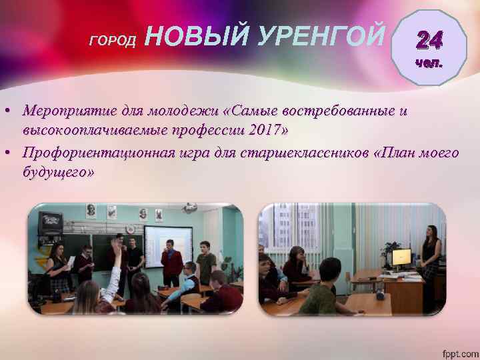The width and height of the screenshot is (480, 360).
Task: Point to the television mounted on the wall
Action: pyautogui.click(x=50, y=222)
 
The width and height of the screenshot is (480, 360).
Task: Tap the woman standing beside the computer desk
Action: pyautogui.click(x=431, y=257)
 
